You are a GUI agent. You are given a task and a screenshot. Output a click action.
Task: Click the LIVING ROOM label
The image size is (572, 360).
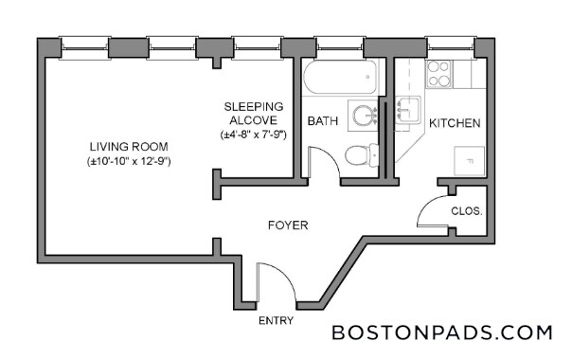(129, 147)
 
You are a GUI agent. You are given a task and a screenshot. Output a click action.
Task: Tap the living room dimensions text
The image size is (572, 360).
(129, 161)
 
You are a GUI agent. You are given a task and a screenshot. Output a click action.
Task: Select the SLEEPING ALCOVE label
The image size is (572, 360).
(254, 114)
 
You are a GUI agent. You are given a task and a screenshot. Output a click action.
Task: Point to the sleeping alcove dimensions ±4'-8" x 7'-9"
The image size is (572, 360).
(254, 135)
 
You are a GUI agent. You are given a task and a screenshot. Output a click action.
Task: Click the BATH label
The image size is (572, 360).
(323, 121)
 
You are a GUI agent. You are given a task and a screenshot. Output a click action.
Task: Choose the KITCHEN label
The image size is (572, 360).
(455, 123)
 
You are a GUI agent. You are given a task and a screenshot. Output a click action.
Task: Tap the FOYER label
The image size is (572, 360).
(288, 225)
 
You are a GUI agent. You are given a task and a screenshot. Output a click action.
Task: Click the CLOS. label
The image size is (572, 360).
(467, 211)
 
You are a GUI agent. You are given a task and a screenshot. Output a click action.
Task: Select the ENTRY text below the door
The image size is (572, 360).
(276, 320)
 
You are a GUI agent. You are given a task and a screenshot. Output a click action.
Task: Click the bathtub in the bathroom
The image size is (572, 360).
(340, 78)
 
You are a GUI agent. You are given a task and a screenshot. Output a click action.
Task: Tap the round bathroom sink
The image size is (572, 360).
(365, 116)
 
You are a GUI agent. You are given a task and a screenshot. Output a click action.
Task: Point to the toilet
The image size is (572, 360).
(362, 155)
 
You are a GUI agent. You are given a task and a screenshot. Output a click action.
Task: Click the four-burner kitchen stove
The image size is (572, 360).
(438, 74)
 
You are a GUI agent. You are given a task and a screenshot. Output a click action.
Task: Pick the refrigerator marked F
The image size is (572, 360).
(469, 161)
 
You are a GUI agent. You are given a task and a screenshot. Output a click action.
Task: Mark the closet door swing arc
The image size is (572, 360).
(425, 206)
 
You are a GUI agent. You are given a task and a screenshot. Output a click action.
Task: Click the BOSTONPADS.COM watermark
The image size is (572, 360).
(441, 333)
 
